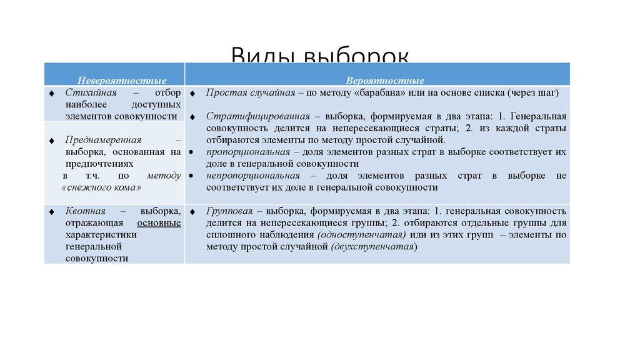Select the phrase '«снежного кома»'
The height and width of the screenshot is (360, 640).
[x=102, y=187]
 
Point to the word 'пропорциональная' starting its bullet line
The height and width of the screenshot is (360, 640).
[x=248, y=152]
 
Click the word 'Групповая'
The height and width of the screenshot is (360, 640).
[x=229, y=211]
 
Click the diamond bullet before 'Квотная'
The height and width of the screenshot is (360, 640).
[x=51, y=212]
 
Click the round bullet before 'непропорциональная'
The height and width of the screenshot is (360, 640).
[x=190, y=176]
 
